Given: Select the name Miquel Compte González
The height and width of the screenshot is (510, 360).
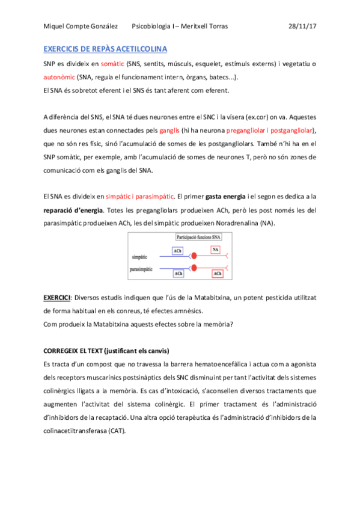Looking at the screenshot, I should coord(80,27).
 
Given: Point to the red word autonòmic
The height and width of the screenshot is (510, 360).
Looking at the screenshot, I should coord(63,77).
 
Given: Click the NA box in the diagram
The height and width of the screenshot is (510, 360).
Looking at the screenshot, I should coord(215,250).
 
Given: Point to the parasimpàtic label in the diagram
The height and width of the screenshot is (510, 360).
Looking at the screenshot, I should coord(142,269).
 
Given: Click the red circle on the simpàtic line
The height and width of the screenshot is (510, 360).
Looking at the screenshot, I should coord(194,256).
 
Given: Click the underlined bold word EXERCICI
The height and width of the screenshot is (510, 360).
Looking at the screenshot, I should coord(57,297).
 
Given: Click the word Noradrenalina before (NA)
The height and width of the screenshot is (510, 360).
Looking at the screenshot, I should coord(233,223).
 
